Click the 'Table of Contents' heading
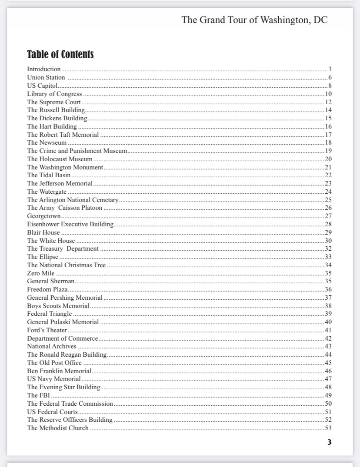(x=60, y=55)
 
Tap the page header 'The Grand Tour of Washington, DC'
(x=254, y=20)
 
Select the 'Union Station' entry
(x=46, y=77)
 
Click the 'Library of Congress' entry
(x=54, y=94)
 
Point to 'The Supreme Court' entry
(x=54, y=102)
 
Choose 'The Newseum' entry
(x=47, y=142)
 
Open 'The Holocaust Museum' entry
(x=60, y=159)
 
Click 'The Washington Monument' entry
(x=65, y=167)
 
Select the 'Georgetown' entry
(x=44, y=216)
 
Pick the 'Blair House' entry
(x=43, y=232)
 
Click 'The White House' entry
(x=51, y=241)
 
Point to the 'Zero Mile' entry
(x=41, y=273)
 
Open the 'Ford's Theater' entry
(x=47, y=330)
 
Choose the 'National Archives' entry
(x=52, y=346)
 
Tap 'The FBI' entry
(x=39, y=395)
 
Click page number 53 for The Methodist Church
(x=328, y=428)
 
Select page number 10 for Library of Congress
(x=328, y=94)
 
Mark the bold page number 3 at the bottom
(x=330, y=443)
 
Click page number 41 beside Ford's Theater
(x=328, y=330)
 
